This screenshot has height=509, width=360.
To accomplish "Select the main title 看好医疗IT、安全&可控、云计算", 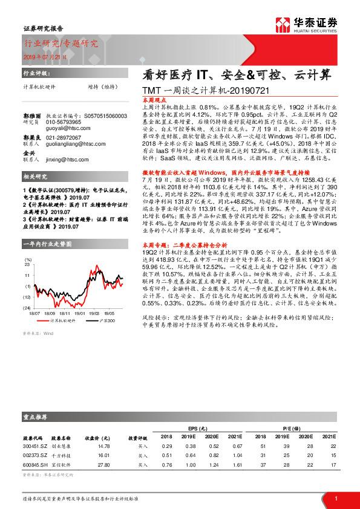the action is point(237,75).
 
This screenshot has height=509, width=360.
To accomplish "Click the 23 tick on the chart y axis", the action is point(27,264).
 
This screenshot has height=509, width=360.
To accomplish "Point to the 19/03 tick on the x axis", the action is point(94,314).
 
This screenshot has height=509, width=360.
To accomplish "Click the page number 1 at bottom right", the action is point(335,498).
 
